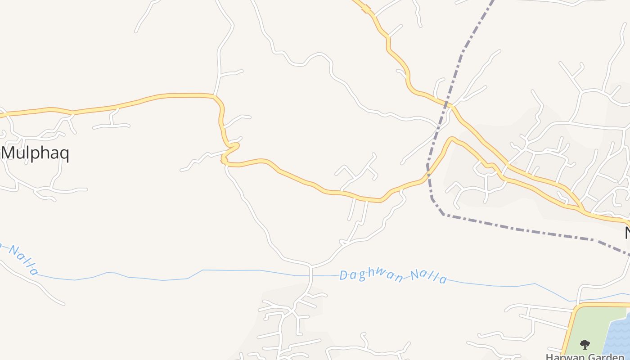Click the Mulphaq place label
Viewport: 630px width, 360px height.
click(x=36, y=153)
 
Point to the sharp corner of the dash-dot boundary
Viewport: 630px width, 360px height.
click(x=443, y=214)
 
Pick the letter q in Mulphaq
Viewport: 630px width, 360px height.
click(x=63, y=155)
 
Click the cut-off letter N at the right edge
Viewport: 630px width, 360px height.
click(x=627, y=233)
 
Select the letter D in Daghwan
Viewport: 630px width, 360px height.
click(x=344, y=274)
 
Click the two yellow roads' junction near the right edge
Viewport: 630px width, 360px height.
click(x=582, y=210)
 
